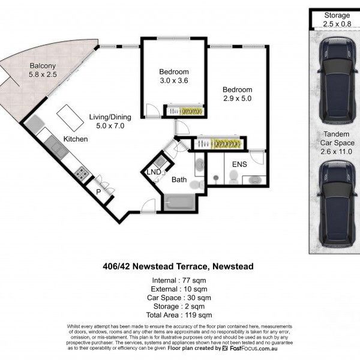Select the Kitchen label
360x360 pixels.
click(76, 139)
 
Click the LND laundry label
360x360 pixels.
click(154, 172)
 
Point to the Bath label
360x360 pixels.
click(179, 179)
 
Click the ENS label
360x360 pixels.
click(231, 163)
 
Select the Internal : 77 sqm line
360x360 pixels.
click(179, 280)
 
